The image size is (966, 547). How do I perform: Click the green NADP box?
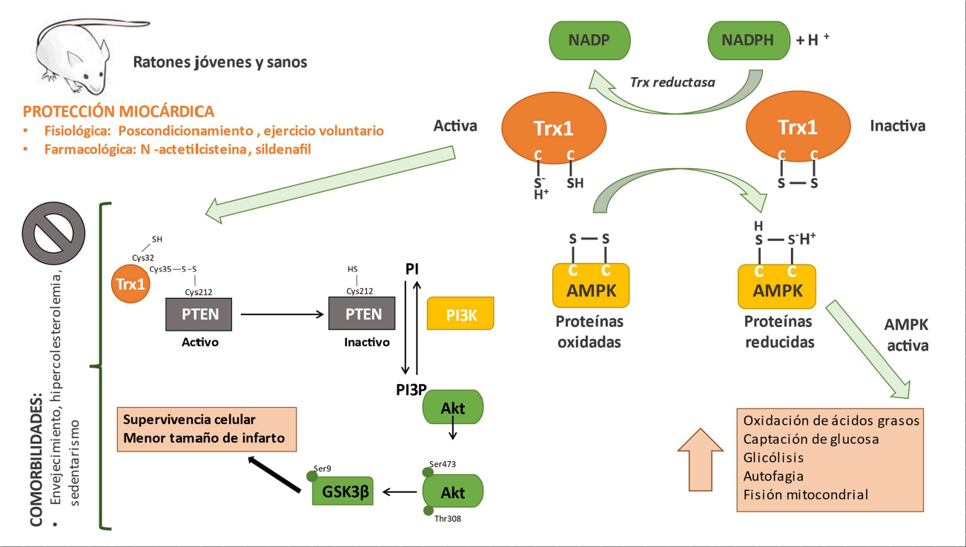[x=589, y=40]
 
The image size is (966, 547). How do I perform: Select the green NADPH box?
[x=748, y=40]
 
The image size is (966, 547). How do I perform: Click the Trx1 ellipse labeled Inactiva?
[x=798, y=128]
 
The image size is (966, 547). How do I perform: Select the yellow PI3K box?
[x=460, y=314]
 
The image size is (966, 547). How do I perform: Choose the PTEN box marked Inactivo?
[x=362, y=314]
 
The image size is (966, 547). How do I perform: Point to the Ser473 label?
[x=443, y=464]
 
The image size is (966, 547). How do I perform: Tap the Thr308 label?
[x=448, y=519]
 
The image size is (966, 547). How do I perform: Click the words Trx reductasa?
[x=672, y=82]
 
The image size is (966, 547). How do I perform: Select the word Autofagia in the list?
[x=773, y=476]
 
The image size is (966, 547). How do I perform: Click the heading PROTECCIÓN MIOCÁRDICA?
[x=119, y=112]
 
